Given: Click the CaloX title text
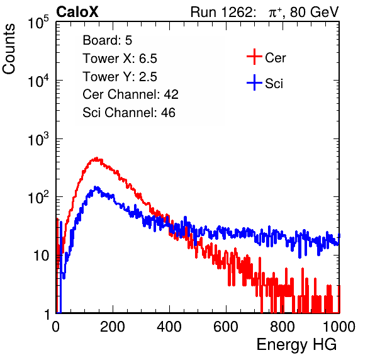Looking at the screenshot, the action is point(77,12).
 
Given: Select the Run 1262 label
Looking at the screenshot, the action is point(221,12).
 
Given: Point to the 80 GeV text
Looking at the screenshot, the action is point(314,12).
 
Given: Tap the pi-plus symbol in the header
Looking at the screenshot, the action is point(274,13).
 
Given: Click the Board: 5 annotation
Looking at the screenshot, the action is point(108,40).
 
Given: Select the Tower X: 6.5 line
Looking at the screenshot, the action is point(120,59).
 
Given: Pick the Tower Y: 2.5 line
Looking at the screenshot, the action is point(120,77).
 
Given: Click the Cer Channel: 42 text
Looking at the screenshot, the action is point(131,94).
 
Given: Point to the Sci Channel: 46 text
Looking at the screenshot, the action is point(129,113).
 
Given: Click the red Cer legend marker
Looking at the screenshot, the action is point(254,57).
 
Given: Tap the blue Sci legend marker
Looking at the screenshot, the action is point(254,83).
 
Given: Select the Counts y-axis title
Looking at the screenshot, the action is point(9,49).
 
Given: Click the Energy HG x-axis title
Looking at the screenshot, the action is point(296,345).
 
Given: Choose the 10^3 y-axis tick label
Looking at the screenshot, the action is point(38,139).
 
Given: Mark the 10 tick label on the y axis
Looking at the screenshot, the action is point(42,256).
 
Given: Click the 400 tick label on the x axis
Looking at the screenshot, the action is point(169,327).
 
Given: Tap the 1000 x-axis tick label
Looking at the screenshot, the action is point(339,327).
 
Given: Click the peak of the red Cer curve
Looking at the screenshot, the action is point(97,158).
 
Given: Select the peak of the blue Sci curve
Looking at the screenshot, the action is point(96,188).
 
